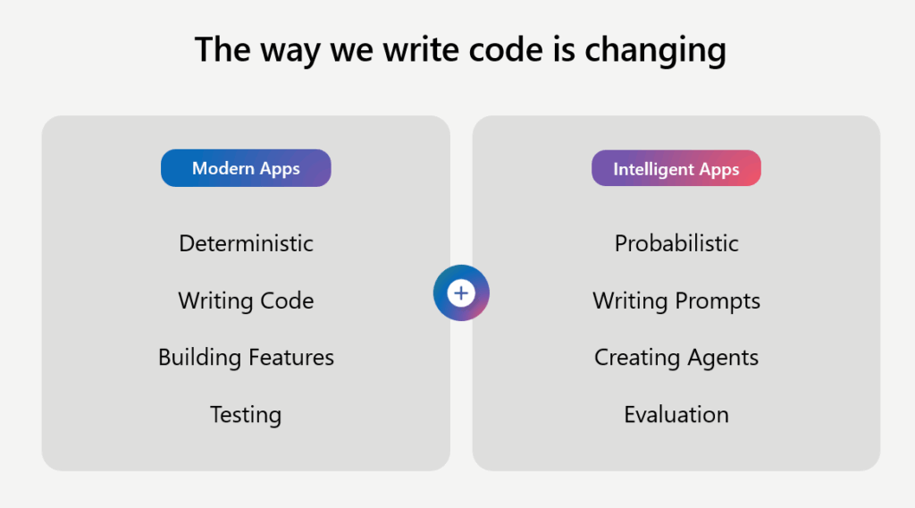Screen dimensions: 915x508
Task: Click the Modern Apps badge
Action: [246, 168]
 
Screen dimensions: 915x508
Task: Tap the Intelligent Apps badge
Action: [676, 168]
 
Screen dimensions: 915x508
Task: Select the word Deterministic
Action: [246, 243]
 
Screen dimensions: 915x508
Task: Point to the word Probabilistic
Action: [676, 243]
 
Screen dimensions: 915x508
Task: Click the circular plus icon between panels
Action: [461, 293]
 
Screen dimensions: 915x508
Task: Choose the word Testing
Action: [246, 415]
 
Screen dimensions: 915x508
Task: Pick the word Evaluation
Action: [676, 415]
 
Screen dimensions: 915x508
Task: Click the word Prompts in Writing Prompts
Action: [718, 301]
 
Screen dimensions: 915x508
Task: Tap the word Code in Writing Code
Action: [287, 301]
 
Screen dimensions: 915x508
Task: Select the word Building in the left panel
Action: [199, 358]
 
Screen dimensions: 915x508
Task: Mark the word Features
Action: [291, 358]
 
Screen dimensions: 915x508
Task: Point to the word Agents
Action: [723, 358]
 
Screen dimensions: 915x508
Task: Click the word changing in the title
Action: [655, 50]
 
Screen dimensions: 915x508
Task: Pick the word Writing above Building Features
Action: [215, 301]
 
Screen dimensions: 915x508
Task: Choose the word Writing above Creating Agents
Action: [630, 301]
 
